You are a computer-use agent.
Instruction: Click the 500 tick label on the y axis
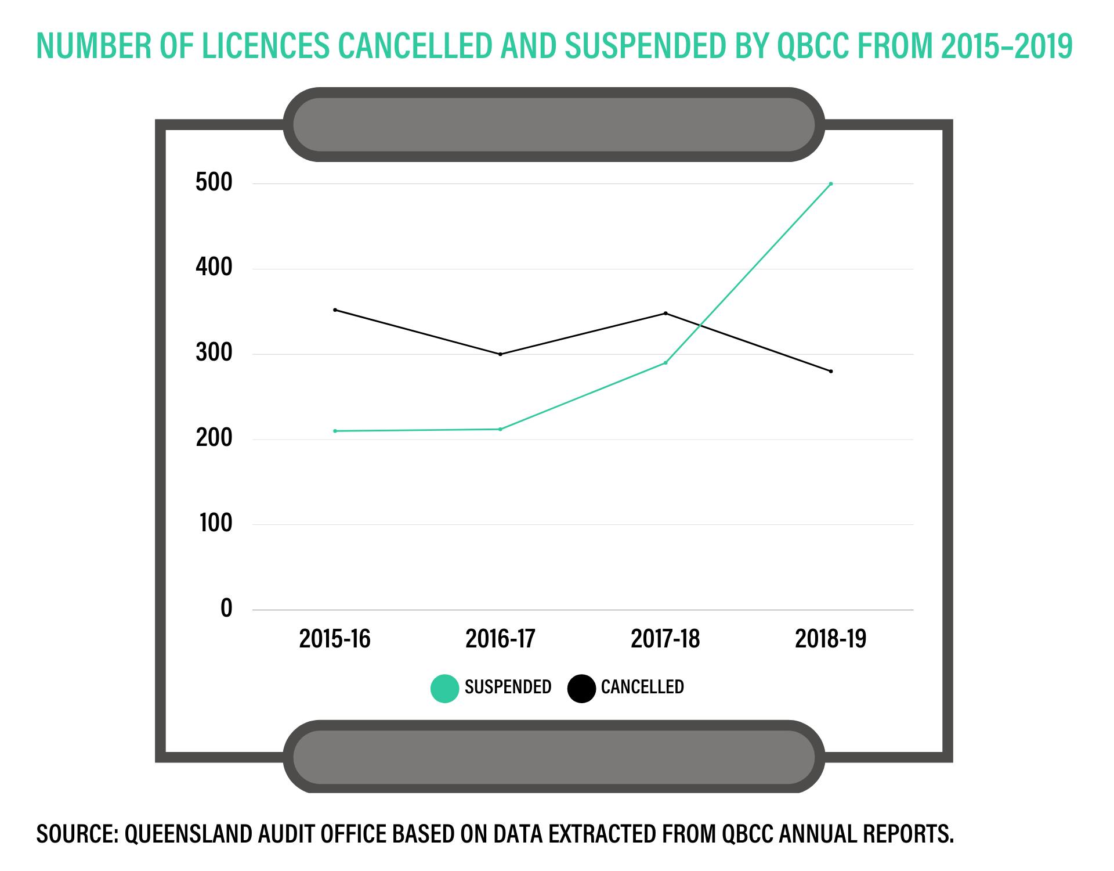point(214,183)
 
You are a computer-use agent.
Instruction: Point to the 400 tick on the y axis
point(214,268)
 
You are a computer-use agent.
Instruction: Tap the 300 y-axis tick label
point(214,353)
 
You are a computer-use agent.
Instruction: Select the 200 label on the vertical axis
point(214,438)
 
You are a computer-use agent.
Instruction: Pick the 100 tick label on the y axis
point(215,524)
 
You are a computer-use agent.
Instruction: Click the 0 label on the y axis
point(226,609)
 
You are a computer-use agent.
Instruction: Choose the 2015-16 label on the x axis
point(335,639)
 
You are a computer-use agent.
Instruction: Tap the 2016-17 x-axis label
point(500,639)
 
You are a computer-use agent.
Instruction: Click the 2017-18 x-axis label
point(665,639)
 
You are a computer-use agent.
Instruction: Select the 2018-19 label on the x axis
point(831,639)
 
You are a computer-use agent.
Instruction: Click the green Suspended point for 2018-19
point(831,184)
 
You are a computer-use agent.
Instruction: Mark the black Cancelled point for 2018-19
point(831,371)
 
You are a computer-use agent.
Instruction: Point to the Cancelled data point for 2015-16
point(335,310)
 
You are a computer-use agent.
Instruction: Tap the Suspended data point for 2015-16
point(335,431)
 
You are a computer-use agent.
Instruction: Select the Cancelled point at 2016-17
point(500,354)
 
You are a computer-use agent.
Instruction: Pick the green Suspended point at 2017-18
point(665,363)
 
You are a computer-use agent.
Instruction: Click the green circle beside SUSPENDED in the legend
point(445,688)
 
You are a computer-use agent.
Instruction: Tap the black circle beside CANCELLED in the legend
point(581,688)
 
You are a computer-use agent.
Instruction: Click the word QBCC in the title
point(812,46)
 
